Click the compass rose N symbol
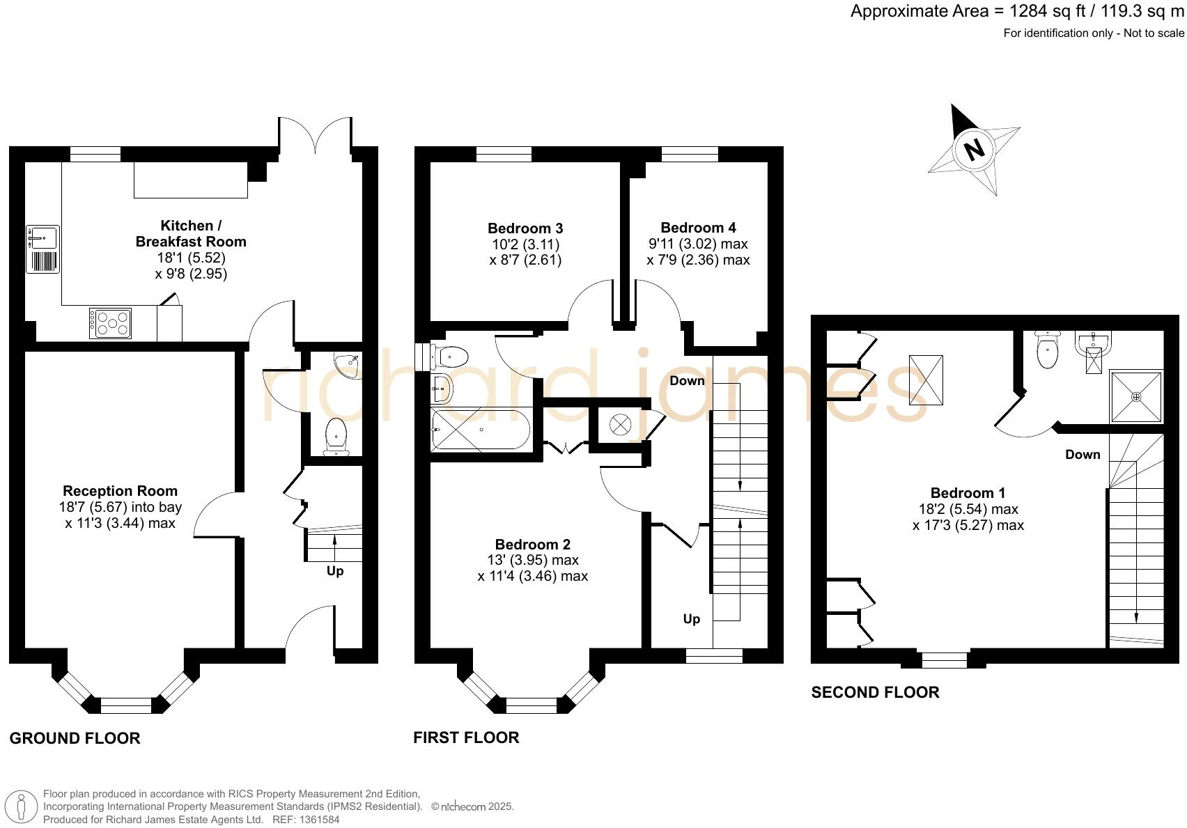point(974,148)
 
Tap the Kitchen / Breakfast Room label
point(191,233)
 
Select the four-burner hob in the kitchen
point(111,323)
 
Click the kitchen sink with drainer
point(43,249)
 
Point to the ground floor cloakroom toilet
point(336,437)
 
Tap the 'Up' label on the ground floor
point(335,571)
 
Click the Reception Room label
point(120,491)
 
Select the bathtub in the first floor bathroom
point(481,430)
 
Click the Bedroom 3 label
point(525,228)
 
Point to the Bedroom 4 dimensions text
point(698,252)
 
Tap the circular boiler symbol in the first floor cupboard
point(619,424)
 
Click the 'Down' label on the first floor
point(687,381)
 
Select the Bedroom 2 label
point(533,545)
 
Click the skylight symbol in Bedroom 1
point(926,380)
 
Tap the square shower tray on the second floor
point(1136,396)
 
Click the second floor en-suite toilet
point(1047,350)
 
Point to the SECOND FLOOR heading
point(875,692)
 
